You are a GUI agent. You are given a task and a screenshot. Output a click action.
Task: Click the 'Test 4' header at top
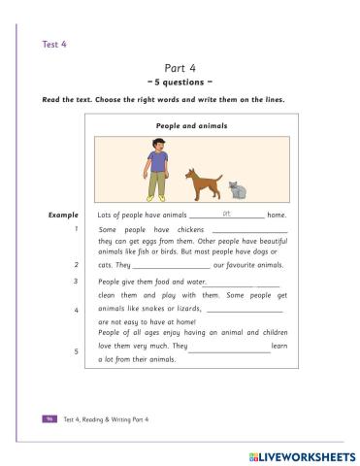point(52,44)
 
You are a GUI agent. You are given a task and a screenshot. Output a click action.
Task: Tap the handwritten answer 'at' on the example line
point(226,211)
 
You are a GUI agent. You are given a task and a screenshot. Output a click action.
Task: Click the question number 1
point(75,230)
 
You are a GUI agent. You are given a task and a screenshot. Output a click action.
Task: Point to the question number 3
point(75,282)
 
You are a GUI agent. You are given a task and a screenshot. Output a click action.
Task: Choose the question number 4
point(75,310)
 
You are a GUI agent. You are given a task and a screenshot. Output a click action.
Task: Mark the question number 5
point(75,351)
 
